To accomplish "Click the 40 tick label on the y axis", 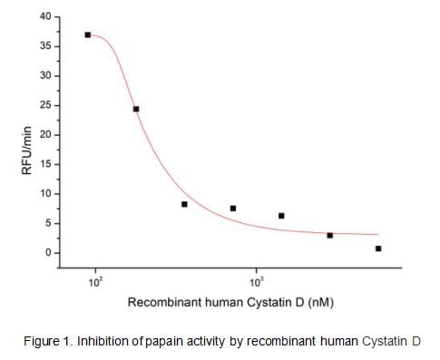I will [42, 16].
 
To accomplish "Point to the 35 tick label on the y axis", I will [42, 46].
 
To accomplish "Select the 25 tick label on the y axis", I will [42, 105].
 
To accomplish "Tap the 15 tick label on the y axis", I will [42, 164].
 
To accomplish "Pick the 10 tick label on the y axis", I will [42, 194].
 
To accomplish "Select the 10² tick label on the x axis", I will [95, 281].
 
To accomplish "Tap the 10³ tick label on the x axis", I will [257, 281].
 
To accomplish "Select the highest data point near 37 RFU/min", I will [88, 35].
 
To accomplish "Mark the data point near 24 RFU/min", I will [136, 109].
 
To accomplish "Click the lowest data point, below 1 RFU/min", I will [378, 248].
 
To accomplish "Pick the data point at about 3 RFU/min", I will [329, 235].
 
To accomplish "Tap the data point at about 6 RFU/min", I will [281, 216].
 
